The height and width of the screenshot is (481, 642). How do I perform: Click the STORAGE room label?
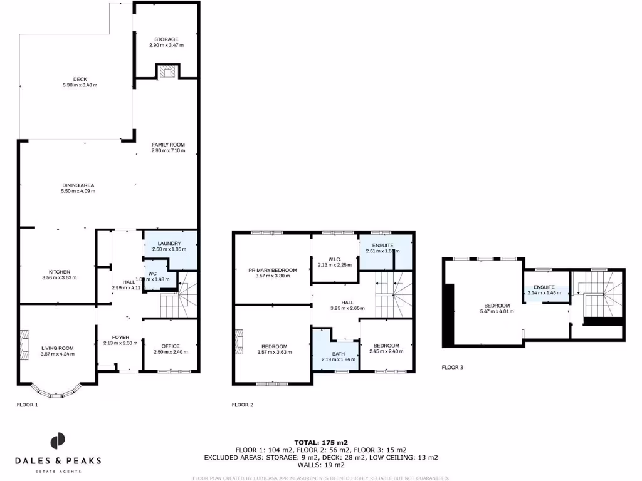(166, 39)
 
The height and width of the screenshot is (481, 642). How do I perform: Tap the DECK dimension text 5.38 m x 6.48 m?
(80, 85)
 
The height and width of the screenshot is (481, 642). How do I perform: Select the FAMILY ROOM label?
(168, 145)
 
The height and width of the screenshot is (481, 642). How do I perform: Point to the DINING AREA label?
(78, 185)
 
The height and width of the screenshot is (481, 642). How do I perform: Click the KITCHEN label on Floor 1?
(59, 272)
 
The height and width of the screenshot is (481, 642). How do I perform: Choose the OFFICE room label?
(171, 346)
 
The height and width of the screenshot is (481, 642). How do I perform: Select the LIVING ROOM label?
(58, 348)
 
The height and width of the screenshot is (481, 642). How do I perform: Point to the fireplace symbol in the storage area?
(167, 71)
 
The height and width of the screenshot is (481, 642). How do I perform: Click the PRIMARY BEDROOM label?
(272, 270)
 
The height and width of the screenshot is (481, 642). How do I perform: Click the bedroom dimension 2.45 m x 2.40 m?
(386, 351)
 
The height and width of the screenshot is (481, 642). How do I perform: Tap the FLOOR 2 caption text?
(243, 405)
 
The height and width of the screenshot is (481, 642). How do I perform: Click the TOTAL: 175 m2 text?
(320, 442)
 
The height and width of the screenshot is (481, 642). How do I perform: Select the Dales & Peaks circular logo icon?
(58, 441)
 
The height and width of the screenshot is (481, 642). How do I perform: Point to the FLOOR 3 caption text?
(452, 368)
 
